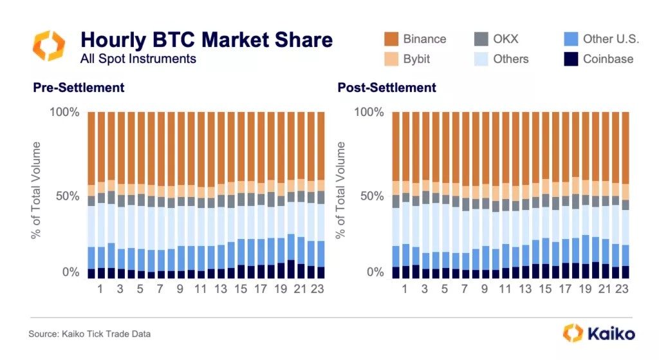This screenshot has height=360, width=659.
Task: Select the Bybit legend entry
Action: (x=416, y=59)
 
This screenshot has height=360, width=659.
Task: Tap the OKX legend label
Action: (x=506, y=39)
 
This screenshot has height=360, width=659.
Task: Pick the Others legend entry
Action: (x=510, y=59)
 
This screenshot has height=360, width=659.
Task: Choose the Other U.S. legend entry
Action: (x=611, y=39)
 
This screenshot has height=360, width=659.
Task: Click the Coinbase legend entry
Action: (x=608, y=59)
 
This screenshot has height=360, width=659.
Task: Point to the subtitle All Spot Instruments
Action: (x=138, y=59)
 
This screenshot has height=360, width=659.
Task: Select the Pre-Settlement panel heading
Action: (x=79, y=87)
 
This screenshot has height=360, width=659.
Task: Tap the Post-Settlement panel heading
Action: (x=387, y=87)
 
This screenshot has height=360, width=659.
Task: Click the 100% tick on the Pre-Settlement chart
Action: (x=64, y=112)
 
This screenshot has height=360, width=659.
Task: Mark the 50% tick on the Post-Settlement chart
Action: (x=372, y=196)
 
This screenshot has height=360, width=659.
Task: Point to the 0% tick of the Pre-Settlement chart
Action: (x=70, y=272)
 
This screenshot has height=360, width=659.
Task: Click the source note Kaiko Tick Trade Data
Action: (x=89, y=334)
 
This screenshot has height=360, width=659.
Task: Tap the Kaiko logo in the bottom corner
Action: (x=599, y=333)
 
